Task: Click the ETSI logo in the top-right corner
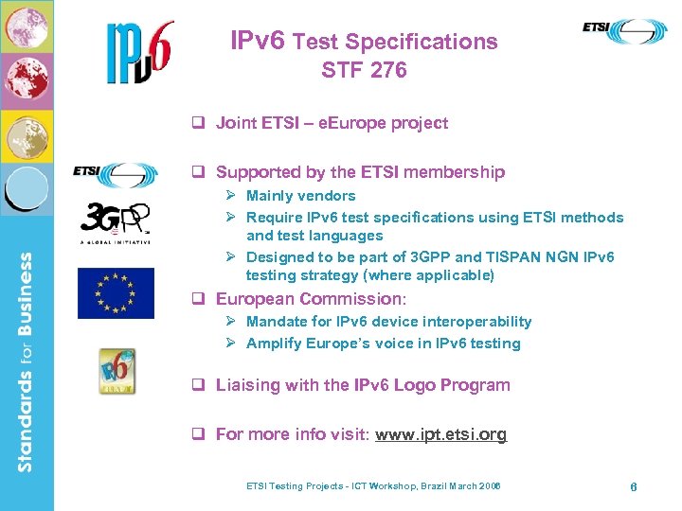(624, 32)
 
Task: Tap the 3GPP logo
(116, 222)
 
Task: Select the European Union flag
(116, 293)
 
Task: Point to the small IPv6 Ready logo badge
(117, 371)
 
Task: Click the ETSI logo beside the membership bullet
(116, 173)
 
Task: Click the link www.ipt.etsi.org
(440, 434)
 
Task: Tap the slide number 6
(633, 486)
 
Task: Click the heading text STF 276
(364, 70)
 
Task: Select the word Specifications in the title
(422, 42)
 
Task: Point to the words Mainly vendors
(300, 196)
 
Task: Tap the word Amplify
(274, 344)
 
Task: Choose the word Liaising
(249, 385)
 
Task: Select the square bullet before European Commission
(199, 299)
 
